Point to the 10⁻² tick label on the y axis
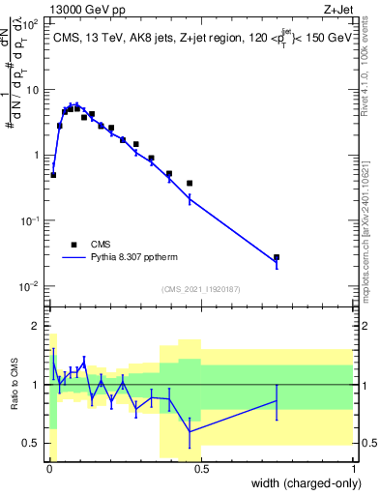(x=31, y=286)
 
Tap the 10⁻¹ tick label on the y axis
(x=31, y=220)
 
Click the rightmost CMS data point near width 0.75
(x=277, y=258)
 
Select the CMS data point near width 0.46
(x=190, y=183)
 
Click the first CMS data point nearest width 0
(x=53, y=175)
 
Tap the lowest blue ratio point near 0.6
(x=190, y=431)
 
